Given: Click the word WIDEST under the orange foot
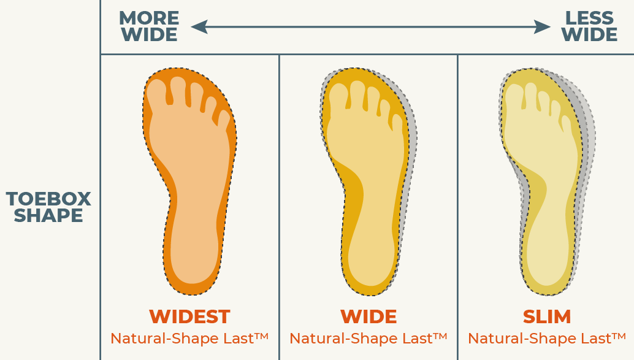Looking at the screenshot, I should coord(189,316).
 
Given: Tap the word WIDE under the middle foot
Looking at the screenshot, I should coord(369,316).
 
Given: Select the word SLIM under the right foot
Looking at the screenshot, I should coord(547,316).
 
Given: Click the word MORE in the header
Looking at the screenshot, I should coord(149,18).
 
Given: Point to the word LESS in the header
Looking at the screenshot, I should coord(589,18).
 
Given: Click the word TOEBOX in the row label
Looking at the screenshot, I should coord(48,199).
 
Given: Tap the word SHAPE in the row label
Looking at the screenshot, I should coord(48,216).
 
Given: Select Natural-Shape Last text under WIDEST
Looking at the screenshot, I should coord(189,338).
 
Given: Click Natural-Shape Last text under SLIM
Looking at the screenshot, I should coord(546,338).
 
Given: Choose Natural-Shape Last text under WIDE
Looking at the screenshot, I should coord(368,338).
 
